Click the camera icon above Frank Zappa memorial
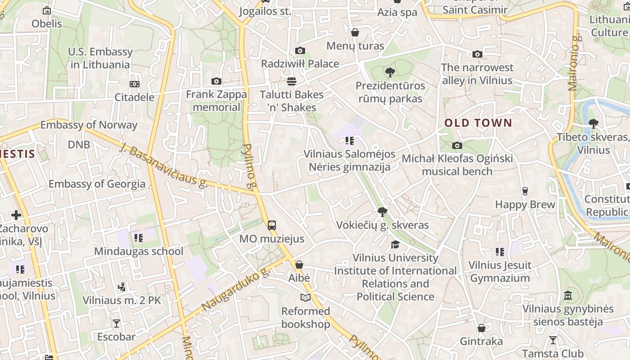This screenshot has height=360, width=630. pyautogui.click(x=216, y=81)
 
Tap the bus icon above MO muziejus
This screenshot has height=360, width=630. pyautogui.click(x=272, y=225)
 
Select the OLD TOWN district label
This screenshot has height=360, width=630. pyautogui.click(x=478, y=123)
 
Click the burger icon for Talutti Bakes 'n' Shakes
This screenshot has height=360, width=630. pyautogui.click(x=292, y=81)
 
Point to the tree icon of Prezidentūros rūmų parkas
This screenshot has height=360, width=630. pyautogui.click(x=390, y=72)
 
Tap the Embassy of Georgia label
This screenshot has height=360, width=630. pyautogui.click(x=97, y=184)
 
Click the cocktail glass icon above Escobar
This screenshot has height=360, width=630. pyautogui.click(x=117, y=323)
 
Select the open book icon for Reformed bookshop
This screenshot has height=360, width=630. pyautogui.click(x=306, y=297)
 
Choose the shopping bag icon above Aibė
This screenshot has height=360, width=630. pyautogui.click(x=299, y=265)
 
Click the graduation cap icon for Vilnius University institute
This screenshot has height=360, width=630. pyautogui.click(x=395, y=244)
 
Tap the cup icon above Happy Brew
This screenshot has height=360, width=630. pyautogui.click(x=525, y=191)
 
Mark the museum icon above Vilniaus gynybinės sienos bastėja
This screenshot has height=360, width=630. pyautogui.click(x=568, y=296)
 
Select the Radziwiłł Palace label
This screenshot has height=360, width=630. pyautogui.click(x=300, y=63)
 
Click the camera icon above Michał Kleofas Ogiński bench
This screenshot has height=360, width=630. pyautogui.click(x=457, y=145)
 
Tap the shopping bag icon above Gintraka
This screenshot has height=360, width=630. pyautogui.click(x=481, y=328)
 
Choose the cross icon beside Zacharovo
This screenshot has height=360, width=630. pyautogui.click(x=17, y=215)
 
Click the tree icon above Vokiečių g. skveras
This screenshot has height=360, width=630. pyautogui.click(x=382, y=211)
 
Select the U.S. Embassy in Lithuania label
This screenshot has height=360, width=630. pyautogui.click(x=100, y=58)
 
